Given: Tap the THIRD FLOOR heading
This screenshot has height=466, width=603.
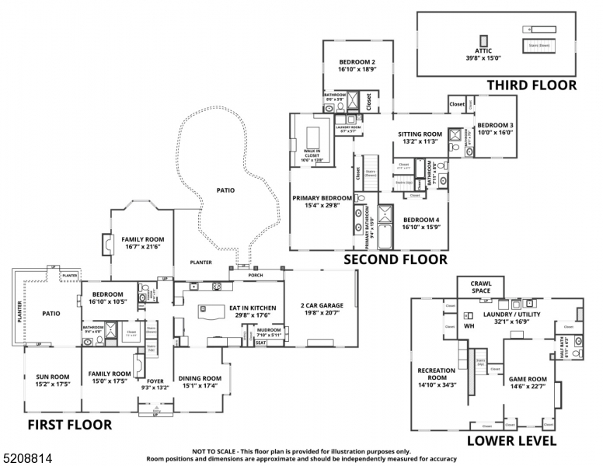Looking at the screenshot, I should point(532,85).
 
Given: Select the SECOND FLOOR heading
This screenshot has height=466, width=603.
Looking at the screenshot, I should point(396,259).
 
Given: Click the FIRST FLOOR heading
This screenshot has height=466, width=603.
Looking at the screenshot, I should point(70,425).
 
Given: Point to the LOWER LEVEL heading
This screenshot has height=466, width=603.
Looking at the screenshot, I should point(511,441).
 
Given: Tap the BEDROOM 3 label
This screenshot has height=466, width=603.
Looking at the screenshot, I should point(495,129).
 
